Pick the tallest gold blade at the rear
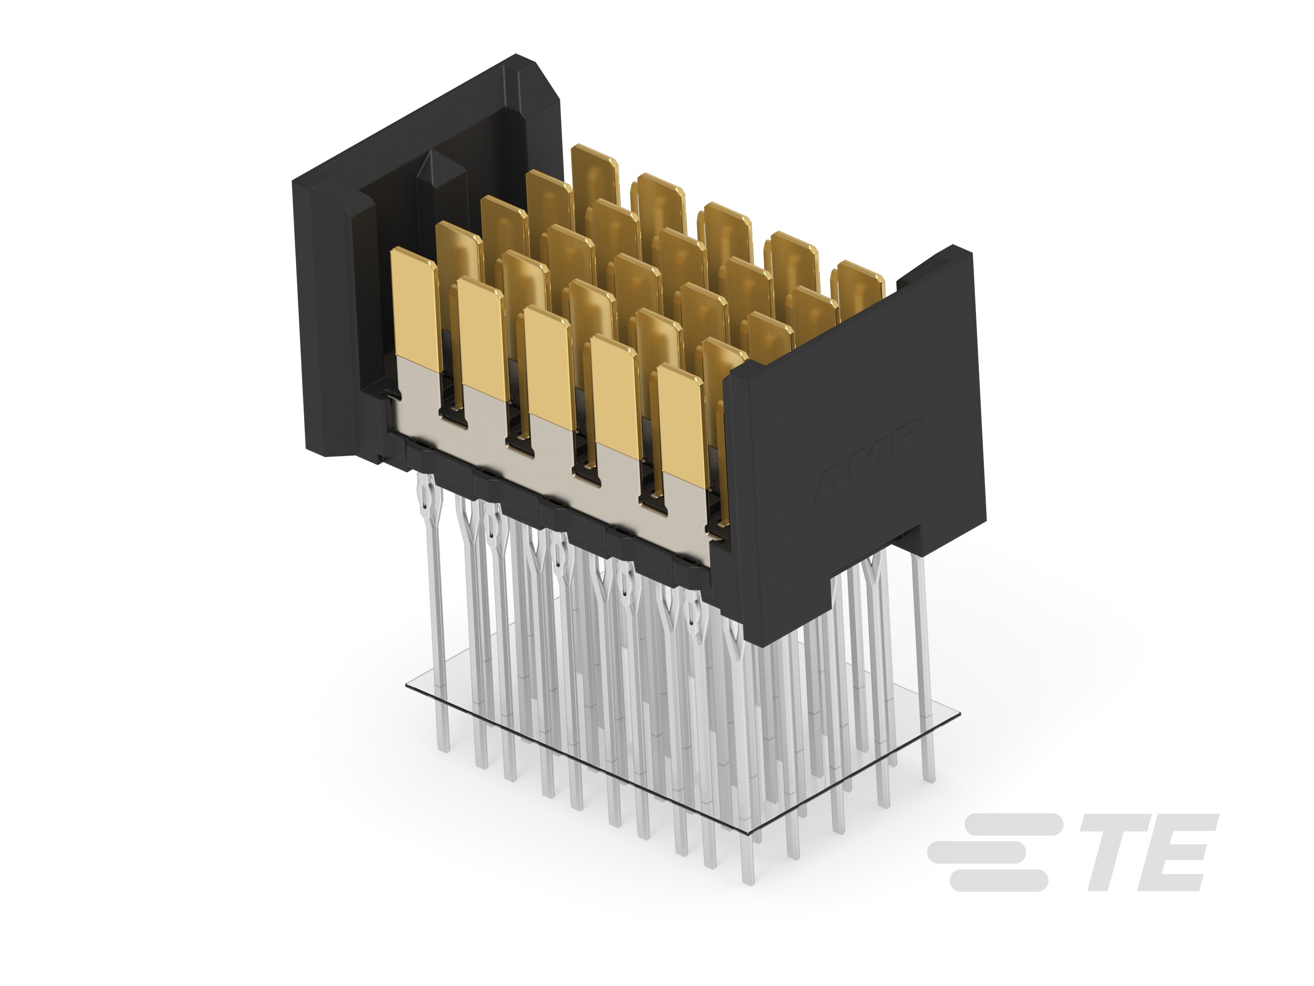pos(594,178)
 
